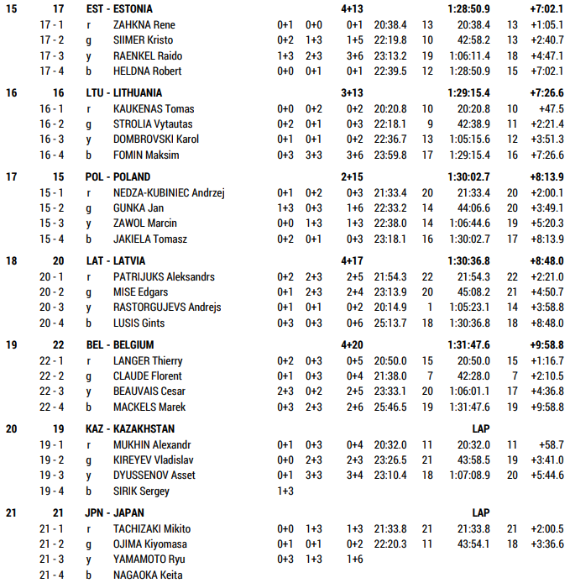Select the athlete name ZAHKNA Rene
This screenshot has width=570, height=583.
144,24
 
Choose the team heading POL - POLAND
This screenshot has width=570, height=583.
118,176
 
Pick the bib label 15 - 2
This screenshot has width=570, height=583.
51,208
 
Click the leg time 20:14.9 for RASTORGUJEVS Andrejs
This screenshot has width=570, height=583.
390,307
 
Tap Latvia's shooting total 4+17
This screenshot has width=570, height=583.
352,260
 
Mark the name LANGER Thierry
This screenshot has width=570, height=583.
147,360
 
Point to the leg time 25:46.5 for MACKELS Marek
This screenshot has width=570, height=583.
390,407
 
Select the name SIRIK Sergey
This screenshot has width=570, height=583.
141,491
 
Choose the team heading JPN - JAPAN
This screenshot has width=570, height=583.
115,512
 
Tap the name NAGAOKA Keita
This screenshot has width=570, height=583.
148,575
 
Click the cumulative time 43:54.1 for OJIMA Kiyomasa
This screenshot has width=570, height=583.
473,544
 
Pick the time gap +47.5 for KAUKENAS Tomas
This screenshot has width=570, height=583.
552,108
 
